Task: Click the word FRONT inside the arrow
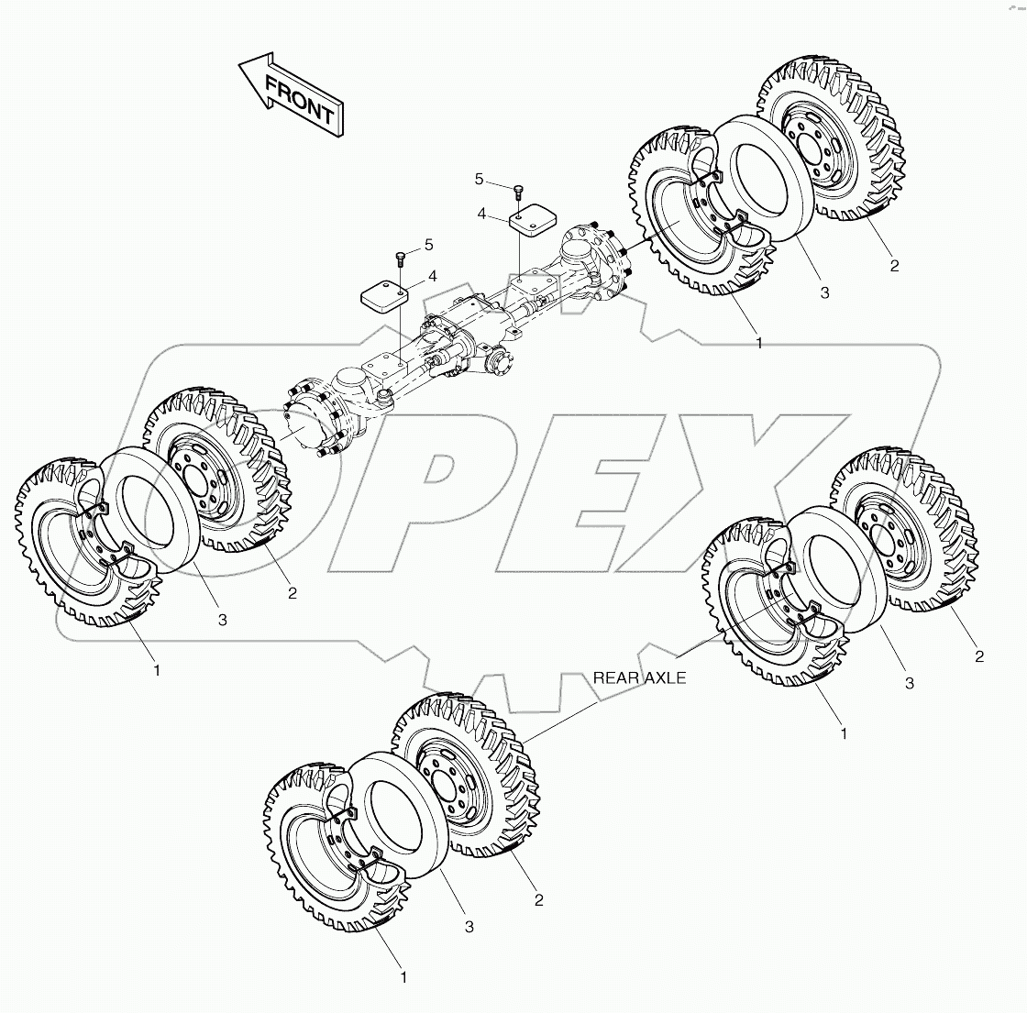tap(299, 99)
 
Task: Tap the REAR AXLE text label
tap(639, 678)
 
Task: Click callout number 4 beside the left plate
tap(432, 276)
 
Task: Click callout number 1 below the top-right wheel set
tap(759, 343)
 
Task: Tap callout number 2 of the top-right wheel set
tap(894, 266)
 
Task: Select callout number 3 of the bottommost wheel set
tap(469, 927)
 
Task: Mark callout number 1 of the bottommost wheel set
tap(403, 978)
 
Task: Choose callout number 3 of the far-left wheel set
tap(222, 621)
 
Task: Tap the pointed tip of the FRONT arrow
tap(240, 65)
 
